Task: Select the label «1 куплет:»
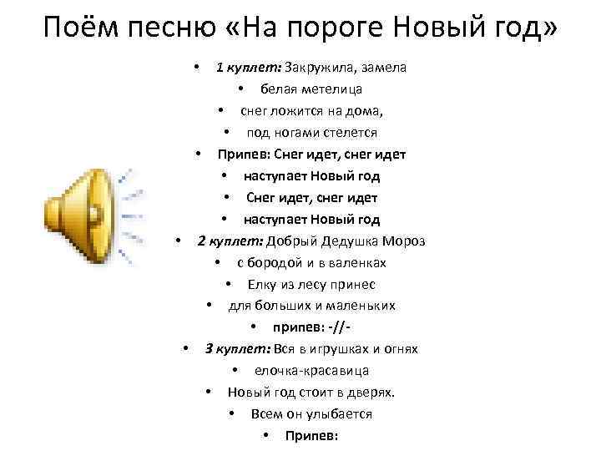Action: point(248,68)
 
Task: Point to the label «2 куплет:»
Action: point(230,241)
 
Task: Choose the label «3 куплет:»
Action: point(238,349)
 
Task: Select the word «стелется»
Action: point(346,133)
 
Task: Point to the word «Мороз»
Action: point(405,241)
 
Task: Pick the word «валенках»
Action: point(356,263)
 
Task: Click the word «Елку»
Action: point(261,285)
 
